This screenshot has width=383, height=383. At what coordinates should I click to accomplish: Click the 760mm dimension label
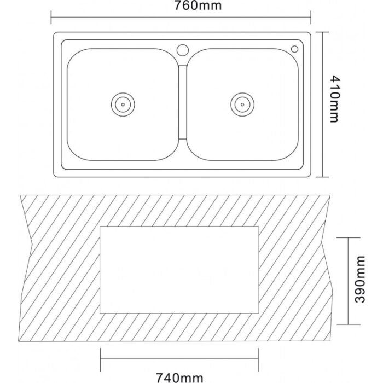198,5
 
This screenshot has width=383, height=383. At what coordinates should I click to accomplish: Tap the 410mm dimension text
335,98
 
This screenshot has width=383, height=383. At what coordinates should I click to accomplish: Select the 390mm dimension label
359,279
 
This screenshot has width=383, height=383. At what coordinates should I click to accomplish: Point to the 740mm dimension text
179,378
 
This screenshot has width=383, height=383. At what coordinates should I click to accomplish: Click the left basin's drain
123,105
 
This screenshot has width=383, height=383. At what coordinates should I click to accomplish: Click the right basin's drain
242,105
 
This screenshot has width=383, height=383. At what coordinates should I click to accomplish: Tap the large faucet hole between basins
183,50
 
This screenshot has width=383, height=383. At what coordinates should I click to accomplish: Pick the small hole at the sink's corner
294,49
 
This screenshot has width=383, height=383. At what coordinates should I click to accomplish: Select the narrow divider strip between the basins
183,102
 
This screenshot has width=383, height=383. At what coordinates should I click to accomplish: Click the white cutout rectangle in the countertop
179,270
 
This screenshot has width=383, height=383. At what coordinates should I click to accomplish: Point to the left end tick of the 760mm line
51,18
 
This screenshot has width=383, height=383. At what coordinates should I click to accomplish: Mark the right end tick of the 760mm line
311,18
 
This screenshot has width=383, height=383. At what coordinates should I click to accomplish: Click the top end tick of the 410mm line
322,32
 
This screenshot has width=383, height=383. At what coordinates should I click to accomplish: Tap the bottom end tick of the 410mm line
322,177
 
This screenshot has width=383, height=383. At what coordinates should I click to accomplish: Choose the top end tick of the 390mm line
349,237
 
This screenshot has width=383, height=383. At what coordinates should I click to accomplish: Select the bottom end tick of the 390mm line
349,324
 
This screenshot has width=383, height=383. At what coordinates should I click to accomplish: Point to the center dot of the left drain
123,105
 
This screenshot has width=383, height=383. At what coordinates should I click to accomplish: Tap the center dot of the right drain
242,105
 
